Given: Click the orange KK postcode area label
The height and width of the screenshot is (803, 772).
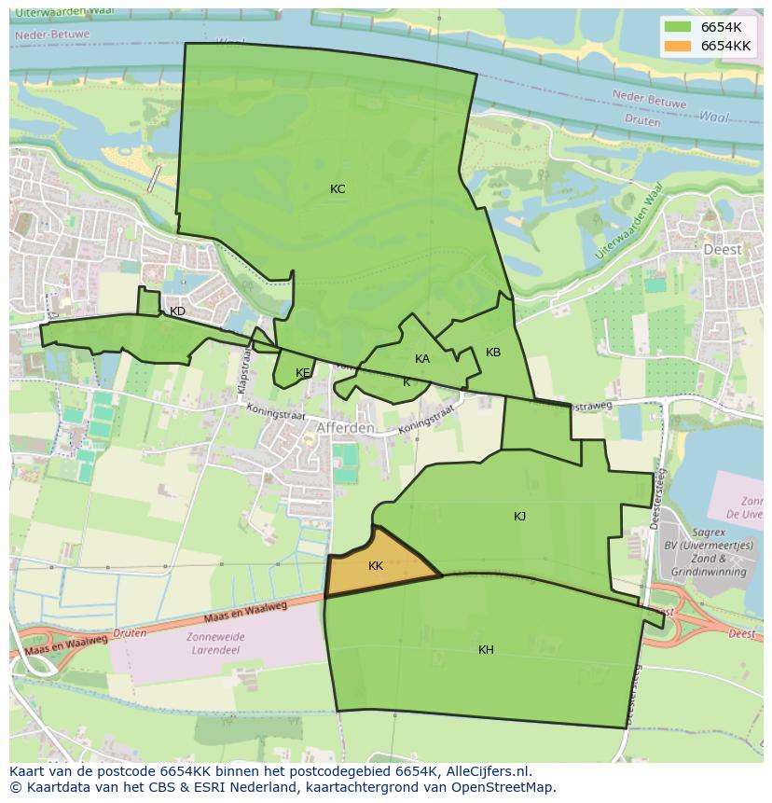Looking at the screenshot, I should tap(376, 566).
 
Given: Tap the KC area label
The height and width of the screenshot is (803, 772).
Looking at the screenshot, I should tap(338, 189).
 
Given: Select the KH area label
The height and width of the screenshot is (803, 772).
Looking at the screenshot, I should tap(486, 650).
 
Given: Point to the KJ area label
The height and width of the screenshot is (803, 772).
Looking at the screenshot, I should tap(520, 517).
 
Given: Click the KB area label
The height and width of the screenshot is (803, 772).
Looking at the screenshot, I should tap(493, 353).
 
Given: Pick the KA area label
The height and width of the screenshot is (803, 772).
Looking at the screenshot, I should tap(422, 359).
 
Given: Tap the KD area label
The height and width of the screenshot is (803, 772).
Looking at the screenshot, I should tap(177, 312).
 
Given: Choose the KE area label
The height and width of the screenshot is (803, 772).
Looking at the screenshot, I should tap(303, 373).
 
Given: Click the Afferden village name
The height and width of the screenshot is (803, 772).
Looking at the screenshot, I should tap(345, 428).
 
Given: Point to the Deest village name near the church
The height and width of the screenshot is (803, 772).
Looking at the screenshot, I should tap(723, 250).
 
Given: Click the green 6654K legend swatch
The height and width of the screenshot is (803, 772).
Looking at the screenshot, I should tap(679, 27).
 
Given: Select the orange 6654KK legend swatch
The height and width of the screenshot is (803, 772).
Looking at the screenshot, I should tap(679, 46).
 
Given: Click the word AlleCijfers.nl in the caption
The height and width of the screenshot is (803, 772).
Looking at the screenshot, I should tap(489, 771).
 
